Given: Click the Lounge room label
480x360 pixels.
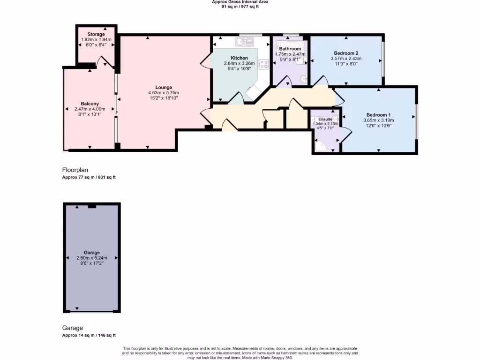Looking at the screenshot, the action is click(164, 88).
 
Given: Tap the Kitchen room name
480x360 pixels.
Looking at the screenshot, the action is click(239, 58).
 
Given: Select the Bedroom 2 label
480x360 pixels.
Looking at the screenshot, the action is click(346, 53).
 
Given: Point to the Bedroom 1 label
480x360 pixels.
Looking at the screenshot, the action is click(378, 115).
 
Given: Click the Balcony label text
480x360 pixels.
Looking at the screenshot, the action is click(90, 104).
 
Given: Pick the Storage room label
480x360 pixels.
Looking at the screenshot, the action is click(96, 34).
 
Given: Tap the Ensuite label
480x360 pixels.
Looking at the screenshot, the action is click(325, 119).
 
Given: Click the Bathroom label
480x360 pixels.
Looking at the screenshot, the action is click(290, 49).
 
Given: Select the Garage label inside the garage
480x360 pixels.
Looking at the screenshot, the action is click(92, 253).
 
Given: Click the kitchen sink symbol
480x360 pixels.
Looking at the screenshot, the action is click(245, 41).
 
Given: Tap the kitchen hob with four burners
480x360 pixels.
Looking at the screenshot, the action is click(263, 64).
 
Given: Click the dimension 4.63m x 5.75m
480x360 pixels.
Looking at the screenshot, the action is click(164, 93).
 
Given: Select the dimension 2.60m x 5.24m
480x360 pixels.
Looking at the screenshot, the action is click(92, 258).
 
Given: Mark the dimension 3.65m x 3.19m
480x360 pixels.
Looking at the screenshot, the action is click(378, 120).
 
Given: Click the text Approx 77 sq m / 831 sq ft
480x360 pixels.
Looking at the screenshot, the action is click(89, 177).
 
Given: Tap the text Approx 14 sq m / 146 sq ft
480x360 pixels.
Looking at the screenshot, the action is click(89, 335).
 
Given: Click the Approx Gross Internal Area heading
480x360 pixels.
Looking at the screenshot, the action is click(240, 2).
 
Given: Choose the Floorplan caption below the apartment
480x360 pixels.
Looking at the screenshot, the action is click(75, 170).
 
